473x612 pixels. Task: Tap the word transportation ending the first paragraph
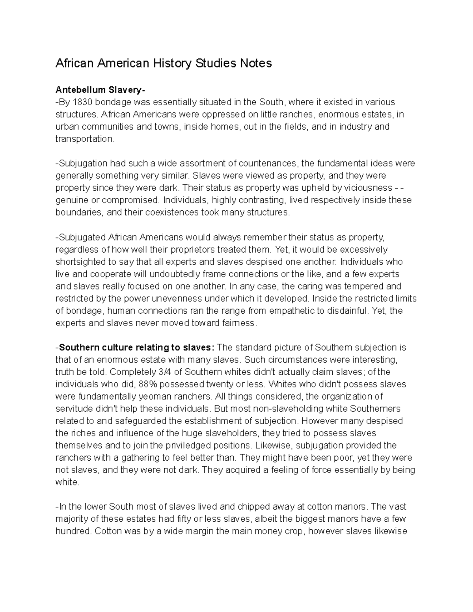click(x=84, y=139)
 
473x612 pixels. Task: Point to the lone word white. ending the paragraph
click(x=67, y=482)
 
